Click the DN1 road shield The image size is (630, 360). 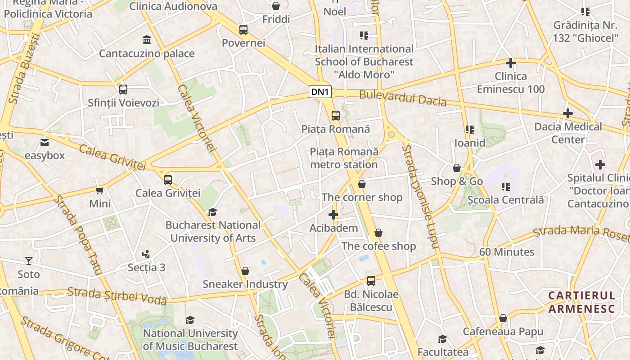pyautogui.click(x=320, y=92)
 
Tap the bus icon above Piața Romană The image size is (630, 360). pyautogui.click(x=336, y=115)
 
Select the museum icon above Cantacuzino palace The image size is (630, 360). pyautogui.click(x=146, y=40)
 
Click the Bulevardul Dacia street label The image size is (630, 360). pyautogui.click(x=403, y=99)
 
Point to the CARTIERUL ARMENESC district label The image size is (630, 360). pyautogui.click(x=581, y=302)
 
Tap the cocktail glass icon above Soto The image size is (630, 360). pyautogui.click(x=29, y=261)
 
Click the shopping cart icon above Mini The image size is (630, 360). pyautogui.click(x=100, y=190)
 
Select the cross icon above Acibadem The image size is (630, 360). pyautogui.click(x=333, y=215)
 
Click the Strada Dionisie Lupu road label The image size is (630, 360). pyautogui.click(x=420, y=196)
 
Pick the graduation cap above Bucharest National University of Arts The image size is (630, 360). pyautogui.click(x=212, y=211)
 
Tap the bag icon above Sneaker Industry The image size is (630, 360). pyautogui.click(x=245, y=271)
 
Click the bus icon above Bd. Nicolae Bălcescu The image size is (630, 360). pyautogui.click(x=371, y=281)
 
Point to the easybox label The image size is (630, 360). pyautogui.click(x=45, y=156)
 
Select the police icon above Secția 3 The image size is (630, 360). pyautogui.click(x=146, y=254)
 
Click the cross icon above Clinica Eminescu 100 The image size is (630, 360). pyautogui.click(x=511, y=63)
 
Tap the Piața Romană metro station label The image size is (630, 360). pyautogui.click(x=344, y=158)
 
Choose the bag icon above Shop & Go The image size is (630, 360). pyautogui.click(x=457, y=168)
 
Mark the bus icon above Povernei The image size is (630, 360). pyautogui.click(x=243, y=30)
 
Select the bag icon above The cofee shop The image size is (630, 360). pyautogui.click(x=378, y=233)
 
